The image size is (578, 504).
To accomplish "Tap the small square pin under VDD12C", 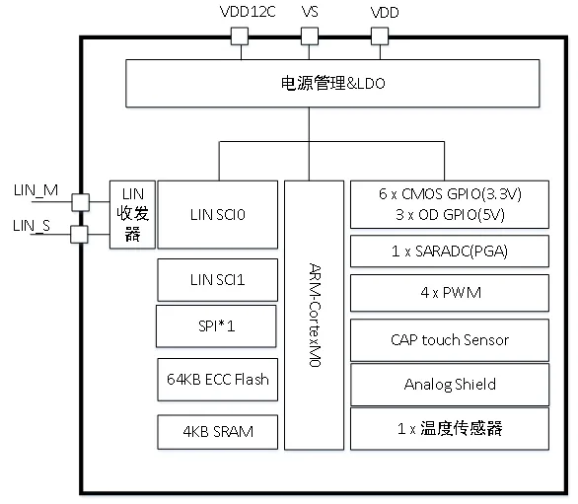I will (x=238, y=36).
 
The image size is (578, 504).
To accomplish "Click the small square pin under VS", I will (x=309, y=36).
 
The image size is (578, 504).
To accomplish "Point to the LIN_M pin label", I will (x=37, y=189).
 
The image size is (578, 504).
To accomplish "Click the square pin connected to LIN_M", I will (x=80, y=201).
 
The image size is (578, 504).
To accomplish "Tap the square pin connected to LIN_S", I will (x=80, y=234).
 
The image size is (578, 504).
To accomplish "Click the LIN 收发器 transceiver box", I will (x=131, y=214).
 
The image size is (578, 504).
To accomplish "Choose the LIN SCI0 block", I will (x=217, y=214).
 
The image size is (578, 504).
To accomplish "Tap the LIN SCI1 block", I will (x=217, y=280).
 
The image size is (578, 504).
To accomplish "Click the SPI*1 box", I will (x=216, y=325).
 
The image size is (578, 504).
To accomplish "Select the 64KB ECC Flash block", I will (x=217, y=378).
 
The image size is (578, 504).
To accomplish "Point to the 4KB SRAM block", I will (x=217, y=430).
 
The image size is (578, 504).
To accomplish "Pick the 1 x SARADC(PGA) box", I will (x=449, y=251).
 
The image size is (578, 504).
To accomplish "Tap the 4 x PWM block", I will (x=449, y=293).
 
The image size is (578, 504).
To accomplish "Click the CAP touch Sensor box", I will (x=449, y=339).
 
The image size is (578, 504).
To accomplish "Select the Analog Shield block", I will (x=449, y=384).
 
